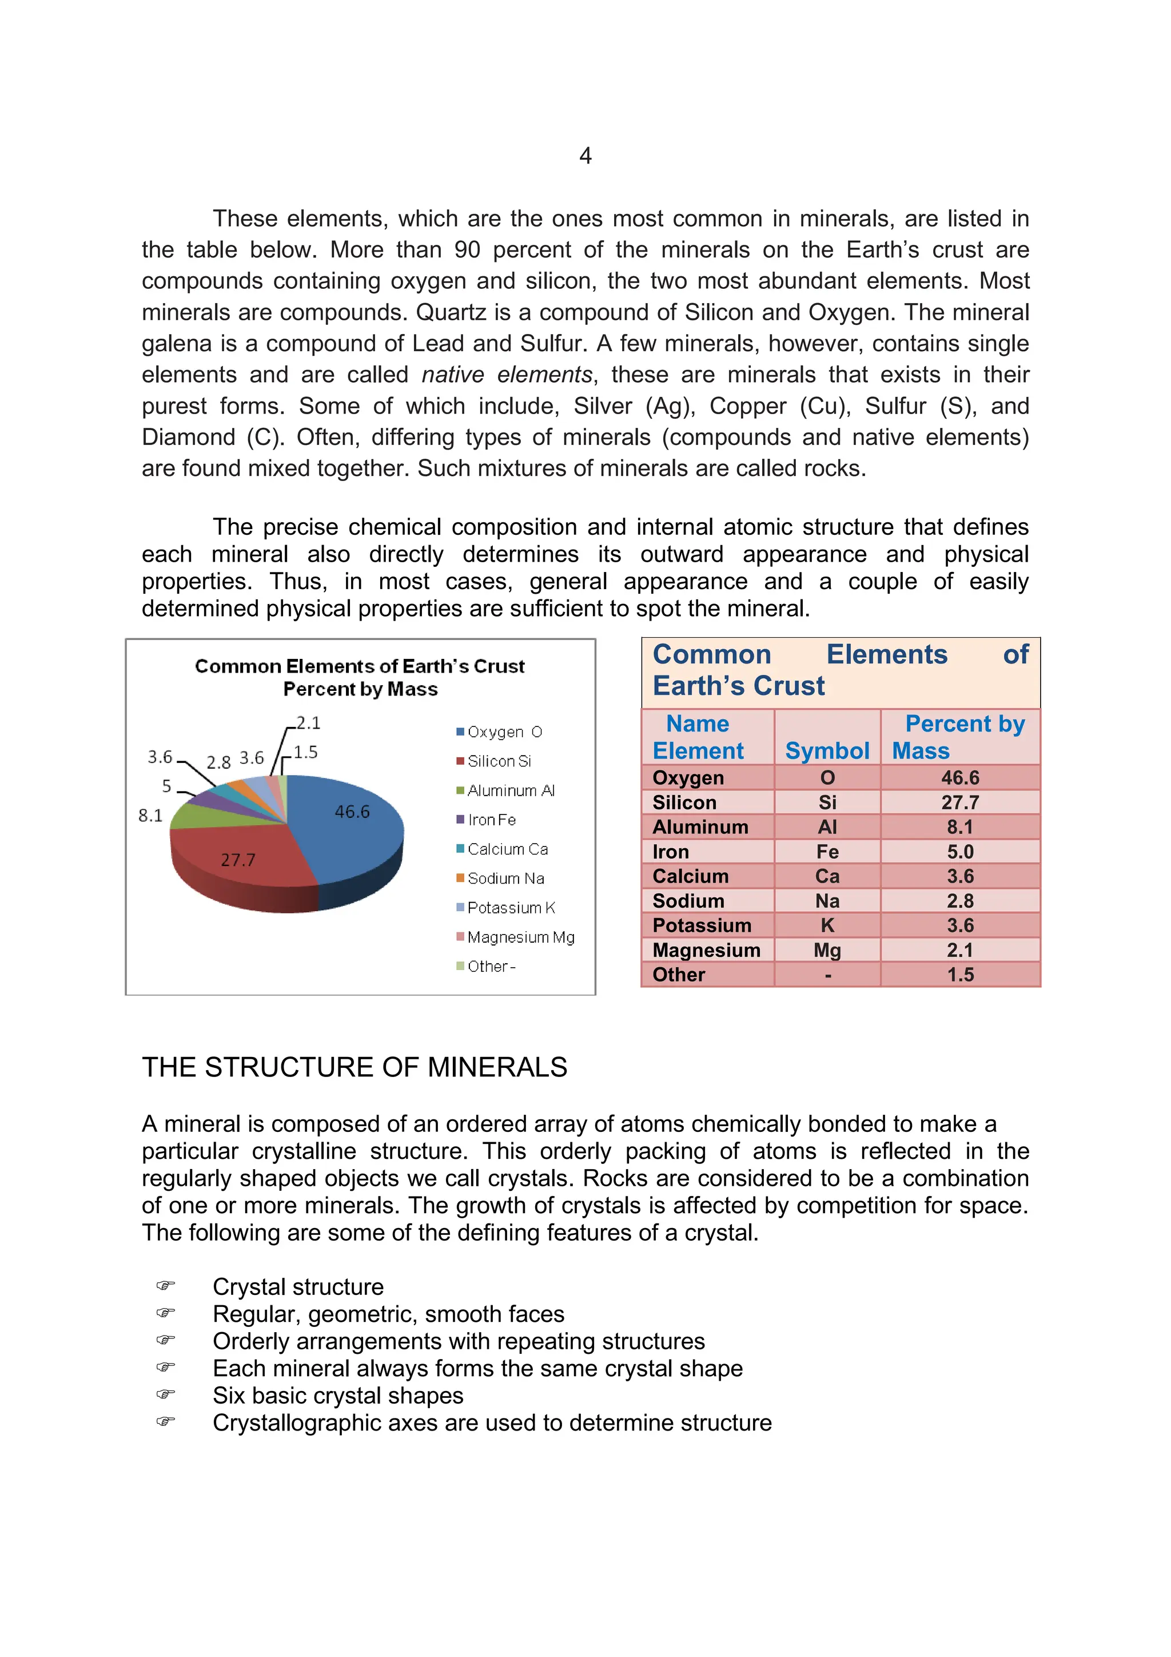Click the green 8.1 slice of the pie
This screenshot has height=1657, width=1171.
pyautogui.click(x=198, y=816)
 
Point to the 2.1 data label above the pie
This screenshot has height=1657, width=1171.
pyautogui.click(x=308, y=722)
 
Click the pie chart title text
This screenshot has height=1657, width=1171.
pyautogui.click(x=360, y=677)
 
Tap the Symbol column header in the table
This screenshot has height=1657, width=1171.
pyautogui.click(x=827, y=750)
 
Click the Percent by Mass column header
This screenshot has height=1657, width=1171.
pyautogui.click(x=959, y=737)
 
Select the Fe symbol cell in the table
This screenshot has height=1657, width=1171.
pyautogui.click(x=827, y=852)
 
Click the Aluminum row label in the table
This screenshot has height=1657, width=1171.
pyautogui.click(x=700, y=827)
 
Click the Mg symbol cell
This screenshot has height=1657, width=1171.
pyautogui.click(x=827, y=949)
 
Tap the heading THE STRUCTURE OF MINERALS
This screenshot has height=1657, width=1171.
pyautogui.click(x=355, y=1067)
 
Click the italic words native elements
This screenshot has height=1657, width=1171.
pyautogui.click(x=507, y=375)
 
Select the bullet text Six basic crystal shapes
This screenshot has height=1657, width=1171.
pyautogui.click(x=338, y=1395)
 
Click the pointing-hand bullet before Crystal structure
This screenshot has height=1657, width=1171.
pyautogui.click(x=165, y=1285)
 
